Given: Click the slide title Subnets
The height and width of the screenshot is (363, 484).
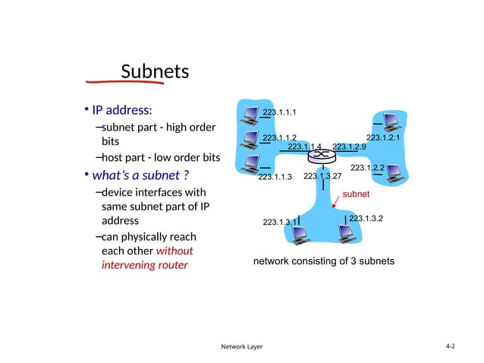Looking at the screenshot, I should (154, 72).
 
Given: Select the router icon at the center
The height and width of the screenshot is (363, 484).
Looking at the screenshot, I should (322, 155).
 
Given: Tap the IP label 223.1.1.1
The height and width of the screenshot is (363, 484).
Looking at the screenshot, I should (279, 113).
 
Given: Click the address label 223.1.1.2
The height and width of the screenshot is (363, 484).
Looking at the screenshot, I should (279, 137).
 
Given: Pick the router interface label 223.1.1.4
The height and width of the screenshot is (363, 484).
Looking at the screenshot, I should (305, 147).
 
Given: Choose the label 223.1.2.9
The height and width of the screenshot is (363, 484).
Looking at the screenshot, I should (349, 147).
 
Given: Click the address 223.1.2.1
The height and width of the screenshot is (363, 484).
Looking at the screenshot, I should (383, 137).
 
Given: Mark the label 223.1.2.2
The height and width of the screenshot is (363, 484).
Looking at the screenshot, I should (367, 167).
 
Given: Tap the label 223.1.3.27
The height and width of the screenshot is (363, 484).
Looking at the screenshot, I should (322, 176).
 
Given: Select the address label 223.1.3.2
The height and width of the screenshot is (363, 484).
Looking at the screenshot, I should (366, 219).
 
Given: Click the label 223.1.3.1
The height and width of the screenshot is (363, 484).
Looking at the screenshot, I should (279, 222).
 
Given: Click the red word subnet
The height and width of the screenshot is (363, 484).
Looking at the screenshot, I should (356, 194).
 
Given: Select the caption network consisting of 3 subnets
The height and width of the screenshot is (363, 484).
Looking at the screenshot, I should (323, 261).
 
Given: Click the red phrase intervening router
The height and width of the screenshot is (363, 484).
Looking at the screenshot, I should (144, 266).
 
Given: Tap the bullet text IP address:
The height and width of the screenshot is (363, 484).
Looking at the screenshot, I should (122, 109).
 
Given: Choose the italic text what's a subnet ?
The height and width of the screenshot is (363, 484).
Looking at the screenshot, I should (140, 175).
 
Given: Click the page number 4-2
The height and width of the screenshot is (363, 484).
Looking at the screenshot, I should (450, 346).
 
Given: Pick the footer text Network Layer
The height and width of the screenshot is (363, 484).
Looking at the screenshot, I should (241, 347).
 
